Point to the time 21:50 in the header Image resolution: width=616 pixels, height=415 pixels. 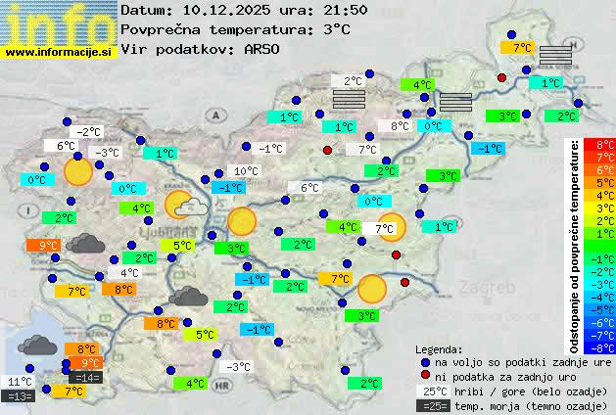coord(344,10)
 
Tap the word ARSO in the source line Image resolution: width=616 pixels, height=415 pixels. coord(265,48)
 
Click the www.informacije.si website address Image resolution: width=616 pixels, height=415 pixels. coord(59,51)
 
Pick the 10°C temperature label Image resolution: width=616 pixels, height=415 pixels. coord(246,171)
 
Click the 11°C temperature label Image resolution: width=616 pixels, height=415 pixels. coord(20,382)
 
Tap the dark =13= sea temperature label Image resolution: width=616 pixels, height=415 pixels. coord(20,396)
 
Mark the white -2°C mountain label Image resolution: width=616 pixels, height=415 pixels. coord(89,132)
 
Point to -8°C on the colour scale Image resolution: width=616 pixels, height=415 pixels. coord(599,346)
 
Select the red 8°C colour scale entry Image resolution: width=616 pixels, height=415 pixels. coord(599,144)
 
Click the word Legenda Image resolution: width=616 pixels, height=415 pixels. coord(439,348)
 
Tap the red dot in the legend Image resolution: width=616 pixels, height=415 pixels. coord(425,376)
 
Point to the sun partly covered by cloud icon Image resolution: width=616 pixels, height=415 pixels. coord(183,206)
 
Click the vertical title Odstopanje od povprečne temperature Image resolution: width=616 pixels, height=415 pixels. coord(575,245)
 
